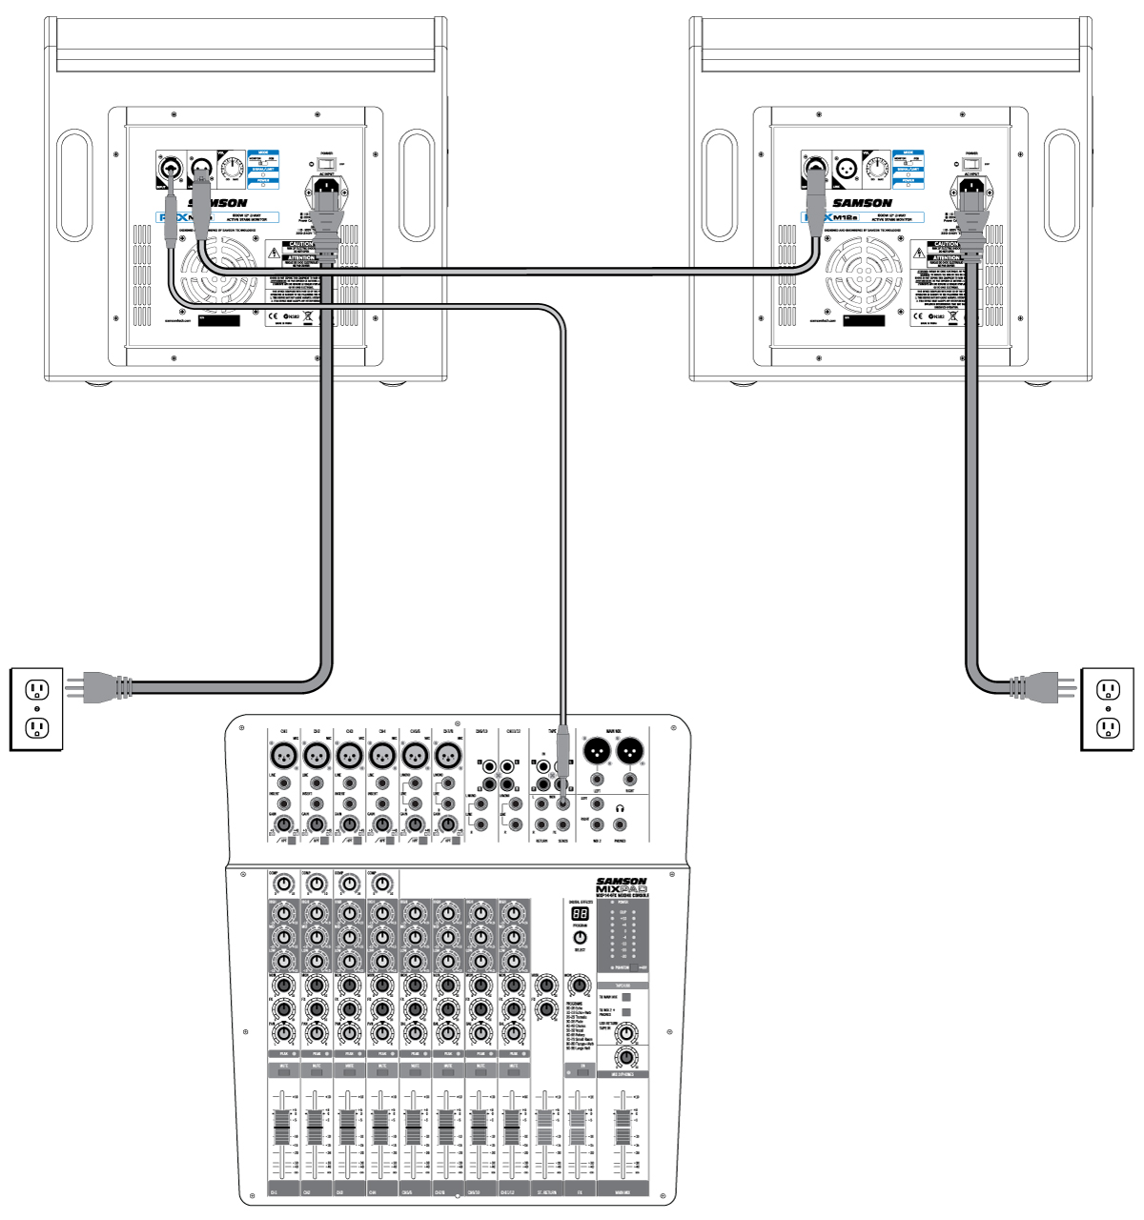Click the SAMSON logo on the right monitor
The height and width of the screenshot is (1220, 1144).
coord(862,203)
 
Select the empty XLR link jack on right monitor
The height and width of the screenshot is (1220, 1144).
coord(846,171)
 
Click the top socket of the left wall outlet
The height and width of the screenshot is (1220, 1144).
coord(37,688)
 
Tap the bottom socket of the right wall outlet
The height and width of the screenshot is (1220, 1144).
coord(1108,728)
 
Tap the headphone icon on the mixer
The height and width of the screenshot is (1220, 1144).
coord(620,808)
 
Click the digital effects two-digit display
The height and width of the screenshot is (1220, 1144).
coord(580,913)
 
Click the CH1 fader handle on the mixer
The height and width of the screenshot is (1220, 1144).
coord(281,1128)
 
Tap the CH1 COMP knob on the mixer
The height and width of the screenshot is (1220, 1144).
coord(283,884)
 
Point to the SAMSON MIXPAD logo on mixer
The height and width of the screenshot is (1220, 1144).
coord(621,887)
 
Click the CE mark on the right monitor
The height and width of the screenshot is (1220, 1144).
coord(917,315)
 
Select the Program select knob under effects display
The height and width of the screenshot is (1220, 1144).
coord(580,937)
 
